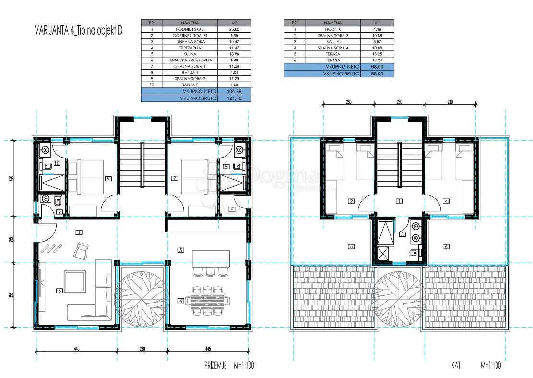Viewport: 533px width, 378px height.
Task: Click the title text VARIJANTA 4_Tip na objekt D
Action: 79,31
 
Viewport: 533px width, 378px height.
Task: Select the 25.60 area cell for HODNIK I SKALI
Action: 234,29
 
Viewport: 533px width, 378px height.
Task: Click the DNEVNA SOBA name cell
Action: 190,41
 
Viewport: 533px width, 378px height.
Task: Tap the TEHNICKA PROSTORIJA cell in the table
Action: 190,60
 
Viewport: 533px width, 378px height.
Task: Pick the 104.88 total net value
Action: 234,92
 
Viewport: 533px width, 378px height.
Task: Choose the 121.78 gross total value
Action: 234,98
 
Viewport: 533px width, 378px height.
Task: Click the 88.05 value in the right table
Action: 377,73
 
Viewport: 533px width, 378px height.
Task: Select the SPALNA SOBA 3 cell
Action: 333,36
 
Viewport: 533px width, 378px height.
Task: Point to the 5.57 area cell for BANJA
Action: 377,41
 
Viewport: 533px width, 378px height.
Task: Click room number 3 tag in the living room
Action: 59,291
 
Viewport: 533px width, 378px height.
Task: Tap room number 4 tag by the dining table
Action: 180,301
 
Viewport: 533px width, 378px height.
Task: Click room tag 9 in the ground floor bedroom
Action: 108,178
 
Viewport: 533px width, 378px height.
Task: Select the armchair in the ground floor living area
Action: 81,250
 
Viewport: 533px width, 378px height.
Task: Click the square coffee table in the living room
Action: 75,281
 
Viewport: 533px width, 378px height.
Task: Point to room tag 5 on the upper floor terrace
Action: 352,247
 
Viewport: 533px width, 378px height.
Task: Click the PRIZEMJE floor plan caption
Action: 215,366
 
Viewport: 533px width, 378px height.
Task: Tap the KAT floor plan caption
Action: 456,366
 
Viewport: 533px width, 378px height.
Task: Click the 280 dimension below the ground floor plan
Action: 142,349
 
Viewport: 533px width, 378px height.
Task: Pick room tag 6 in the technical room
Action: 232,209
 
